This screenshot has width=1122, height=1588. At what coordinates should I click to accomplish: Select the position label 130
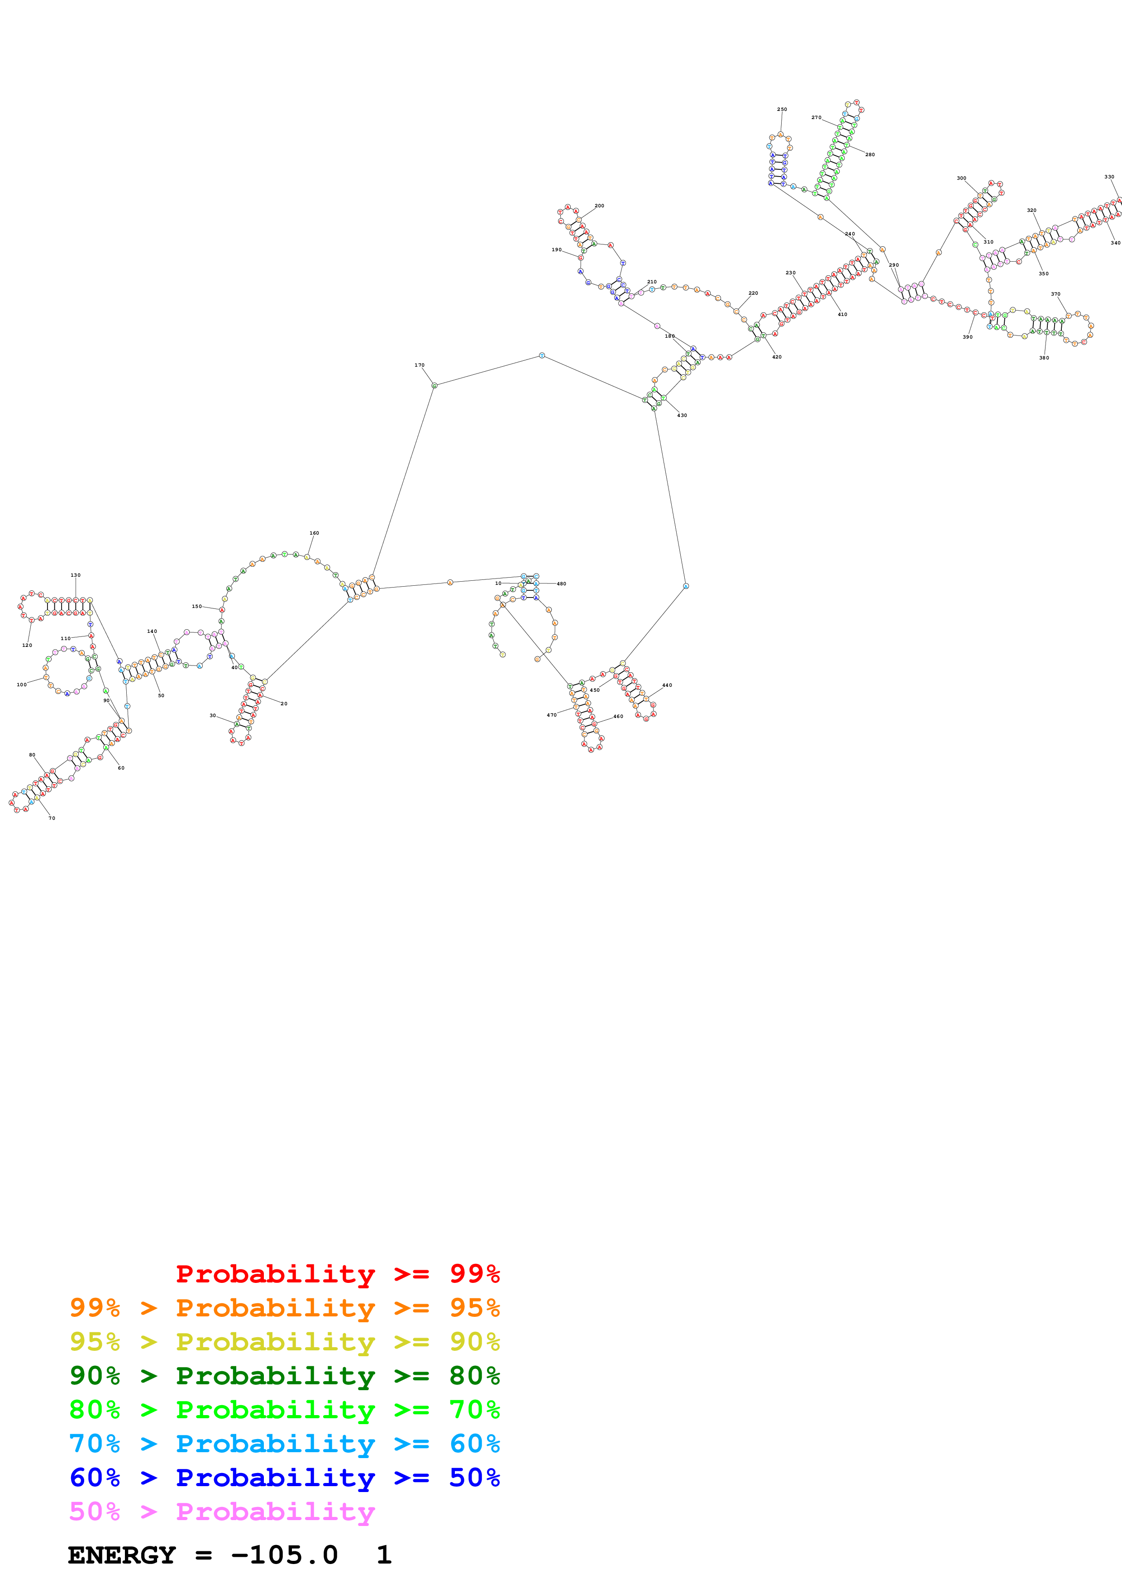coord(75,575)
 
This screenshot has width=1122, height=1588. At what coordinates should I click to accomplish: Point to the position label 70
coord(52,818)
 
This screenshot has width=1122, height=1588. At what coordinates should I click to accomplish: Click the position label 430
coord(682,415)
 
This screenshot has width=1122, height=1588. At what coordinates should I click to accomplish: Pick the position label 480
coord(561,584)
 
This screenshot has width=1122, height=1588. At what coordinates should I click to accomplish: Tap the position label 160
coord(314,533)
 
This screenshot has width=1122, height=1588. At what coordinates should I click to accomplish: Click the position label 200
coord(599,206)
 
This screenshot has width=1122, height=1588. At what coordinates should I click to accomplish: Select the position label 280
coord(869,154)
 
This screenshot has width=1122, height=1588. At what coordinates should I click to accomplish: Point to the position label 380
coord(1043,358)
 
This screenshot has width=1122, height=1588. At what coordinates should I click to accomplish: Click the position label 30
coord(212,715)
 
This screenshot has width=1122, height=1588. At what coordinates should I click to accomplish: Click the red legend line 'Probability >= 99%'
coord(337,1273)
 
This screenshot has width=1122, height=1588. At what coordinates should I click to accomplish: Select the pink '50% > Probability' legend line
coord(222,1511)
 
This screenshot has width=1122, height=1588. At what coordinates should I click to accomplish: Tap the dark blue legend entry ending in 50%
coord(284,1478)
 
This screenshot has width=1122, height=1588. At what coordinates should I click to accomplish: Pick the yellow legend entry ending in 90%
coord(284,1341)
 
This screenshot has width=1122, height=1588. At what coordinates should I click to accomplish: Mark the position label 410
coord(842,314)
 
